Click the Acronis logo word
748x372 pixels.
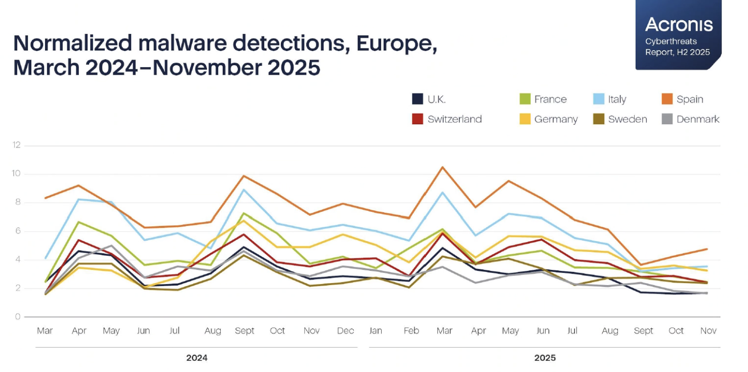pos(679,24)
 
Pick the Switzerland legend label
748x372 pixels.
pos(454,119)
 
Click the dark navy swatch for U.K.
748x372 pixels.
pos(418,99)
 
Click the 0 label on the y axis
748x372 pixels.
pos(18,317)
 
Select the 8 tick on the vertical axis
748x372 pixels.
pos(18,203)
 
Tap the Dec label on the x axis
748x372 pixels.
pos(345,331)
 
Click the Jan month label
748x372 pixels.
pos(376,331)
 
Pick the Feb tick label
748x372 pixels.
pos(411,331)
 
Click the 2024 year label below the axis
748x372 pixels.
pos(197,358)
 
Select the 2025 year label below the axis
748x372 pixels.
pos(545,358)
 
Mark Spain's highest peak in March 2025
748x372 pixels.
pos(443,167)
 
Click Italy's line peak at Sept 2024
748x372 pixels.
pos(244,190)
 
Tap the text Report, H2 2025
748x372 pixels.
pos(677,52)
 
